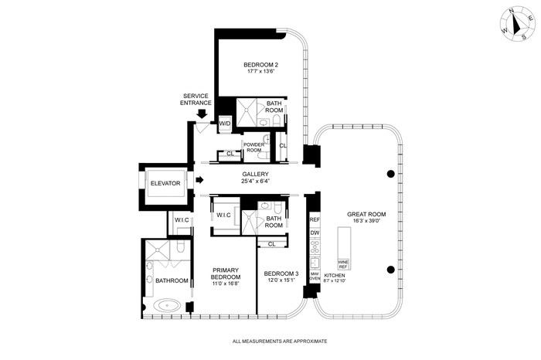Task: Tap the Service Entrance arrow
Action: (x=201, y=114)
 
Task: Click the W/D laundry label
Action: (x=225, y=123)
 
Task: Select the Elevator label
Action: (x=165, y=183)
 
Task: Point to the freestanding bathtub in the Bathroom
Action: (x=167, y=305)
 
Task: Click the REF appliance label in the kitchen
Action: (x=315, y=219)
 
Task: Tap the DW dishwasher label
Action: (x=315, y=233)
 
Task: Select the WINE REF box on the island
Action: (x=343, y=264)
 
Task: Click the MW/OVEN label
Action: (x=315, y=276)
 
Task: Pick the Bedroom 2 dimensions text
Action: (x=261, y=71)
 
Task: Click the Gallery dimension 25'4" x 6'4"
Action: (x=255, y=181)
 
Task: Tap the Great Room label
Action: (x=366, y=214)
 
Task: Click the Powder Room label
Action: (x=254, y=148)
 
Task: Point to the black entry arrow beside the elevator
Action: (x=199, y=180)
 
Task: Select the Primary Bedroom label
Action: (x=226, y=273)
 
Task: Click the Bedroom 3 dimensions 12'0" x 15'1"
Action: (x=281, y=280)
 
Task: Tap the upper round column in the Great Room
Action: (x=390, y=174)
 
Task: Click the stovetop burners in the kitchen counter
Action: (x=315, y=246)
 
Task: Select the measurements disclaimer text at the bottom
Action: (x=280, y=341)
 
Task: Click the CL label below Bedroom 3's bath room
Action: (x=272, y=244)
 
